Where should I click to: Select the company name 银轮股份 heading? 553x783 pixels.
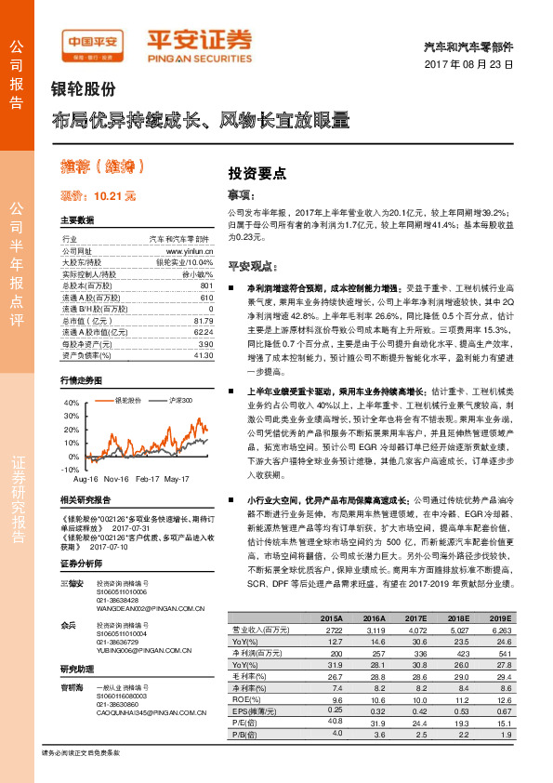[x=83, y=89]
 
